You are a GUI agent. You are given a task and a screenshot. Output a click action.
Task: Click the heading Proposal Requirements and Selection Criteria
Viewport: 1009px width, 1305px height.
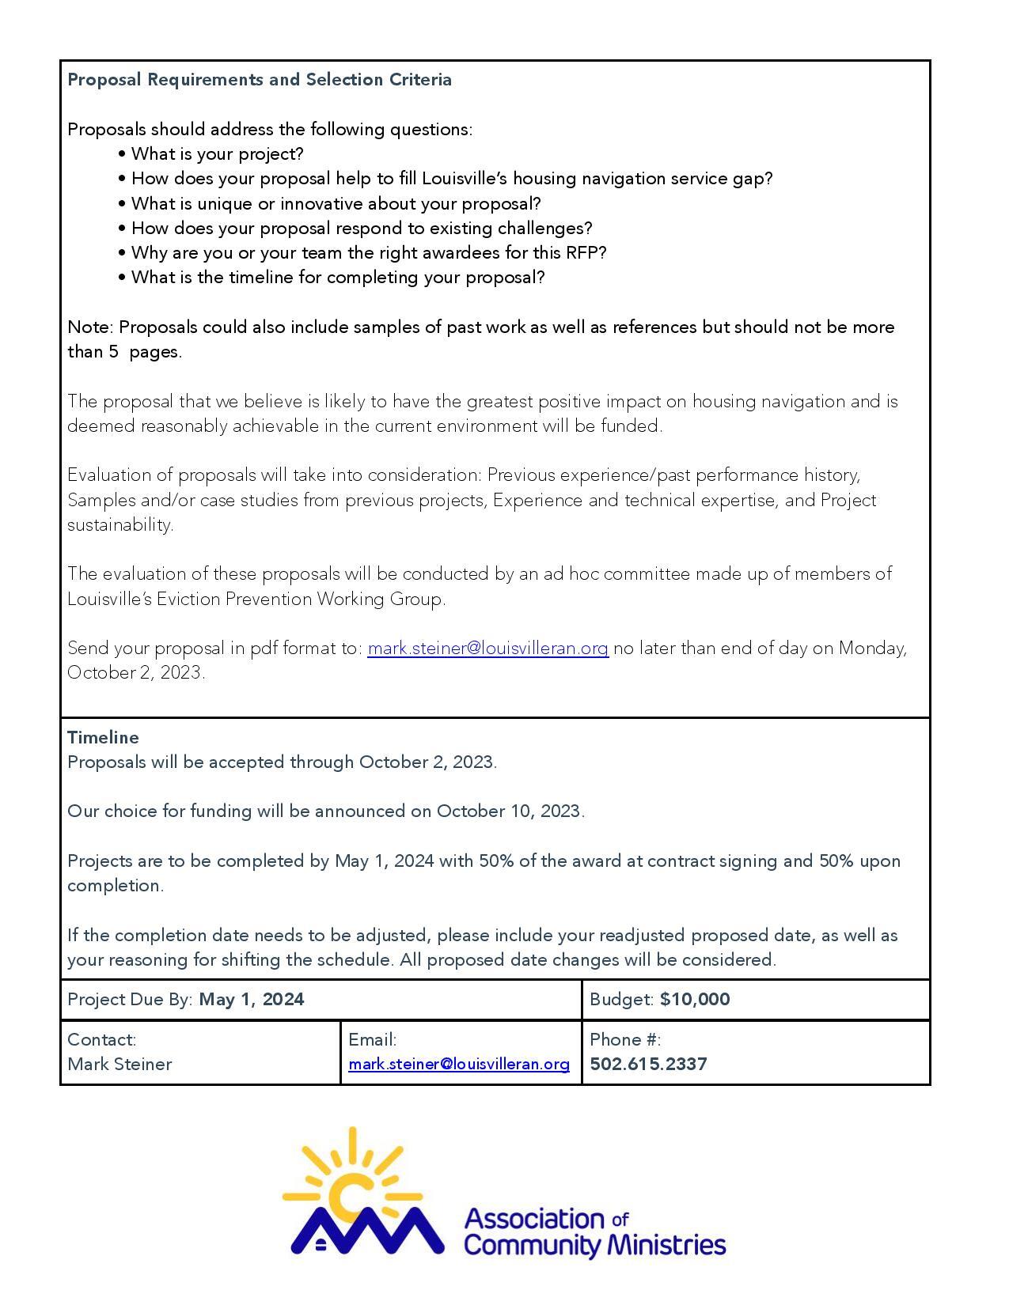[x=260, y=80]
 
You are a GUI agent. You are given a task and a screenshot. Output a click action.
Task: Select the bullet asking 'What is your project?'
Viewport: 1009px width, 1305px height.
[x=217, y=154]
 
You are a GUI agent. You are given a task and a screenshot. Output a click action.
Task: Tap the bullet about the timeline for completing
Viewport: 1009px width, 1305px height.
[x=338, y=278]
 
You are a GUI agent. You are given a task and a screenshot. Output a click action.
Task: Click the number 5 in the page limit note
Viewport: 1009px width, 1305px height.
[x=113, y=352]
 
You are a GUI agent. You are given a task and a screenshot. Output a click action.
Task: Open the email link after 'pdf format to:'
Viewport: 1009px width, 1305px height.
[x=487, y=649]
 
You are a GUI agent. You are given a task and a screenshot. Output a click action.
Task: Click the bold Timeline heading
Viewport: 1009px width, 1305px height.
[x=103, y=738]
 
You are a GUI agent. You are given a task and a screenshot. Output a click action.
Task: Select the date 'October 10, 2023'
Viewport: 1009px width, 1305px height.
[x=510, y=811]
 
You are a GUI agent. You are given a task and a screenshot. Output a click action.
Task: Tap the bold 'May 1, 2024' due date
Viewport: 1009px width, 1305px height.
[x=252, y=1000]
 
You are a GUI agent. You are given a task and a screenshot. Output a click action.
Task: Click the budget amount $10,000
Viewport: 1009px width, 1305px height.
[x=695, y=1000]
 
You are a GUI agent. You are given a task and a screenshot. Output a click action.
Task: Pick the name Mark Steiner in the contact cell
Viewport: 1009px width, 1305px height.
[x=119, y=1065]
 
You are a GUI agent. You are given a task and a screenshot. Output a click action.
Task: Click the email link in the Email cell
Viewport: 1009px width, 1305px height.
[x=459, y=1065]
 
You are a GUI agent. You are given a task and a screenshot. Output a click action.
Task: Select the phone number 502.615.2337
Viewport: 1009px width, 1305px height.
[x=648, y=1065]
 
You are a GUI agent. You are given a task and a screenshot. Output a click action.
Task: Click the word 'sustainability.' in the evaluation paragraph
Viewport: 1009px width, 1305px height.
[x=120, y=525]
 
